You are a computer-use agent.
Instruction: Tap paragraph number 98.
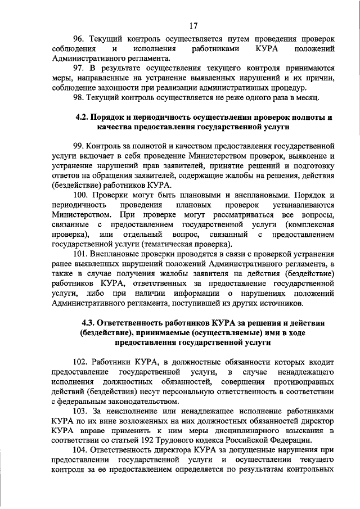coord(79,97)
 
